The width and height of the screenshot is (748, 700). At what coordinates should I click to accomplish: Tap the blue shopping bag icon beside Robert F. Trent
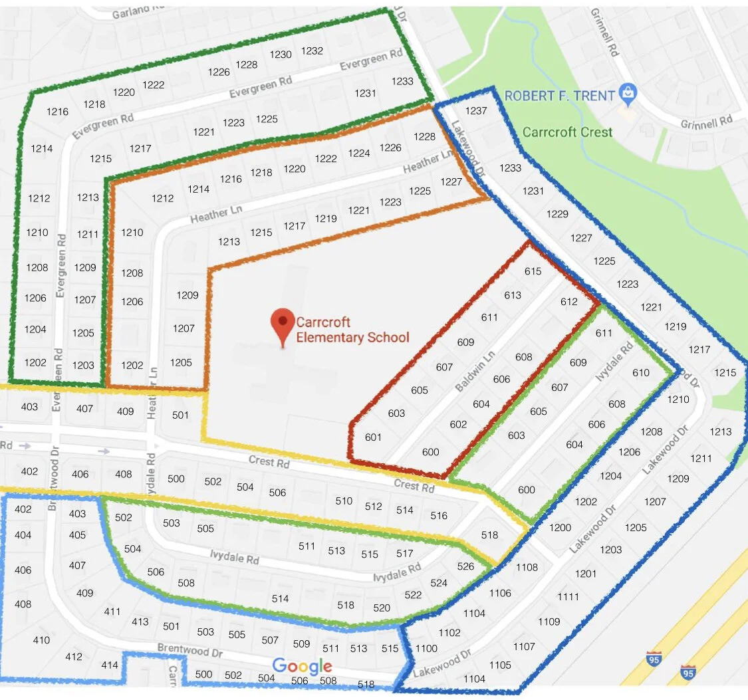[x=627, y=94]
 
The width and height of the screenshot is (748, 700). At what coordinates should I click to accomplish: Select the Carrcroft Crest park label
[x=567, y=131]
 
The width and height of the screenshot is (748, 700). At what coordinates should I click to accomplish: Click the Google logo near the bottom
[x=302, y=665]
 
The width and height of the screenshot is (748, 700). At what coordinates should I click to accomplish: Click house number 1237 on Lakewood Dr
[x=476, y=110]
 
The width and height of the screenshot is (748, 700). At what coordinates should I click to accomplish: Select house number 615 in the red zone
[x=533, y=271]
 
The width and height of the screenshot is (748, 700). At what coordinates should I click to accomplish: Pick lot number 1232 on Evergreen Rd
[x=312, y=51]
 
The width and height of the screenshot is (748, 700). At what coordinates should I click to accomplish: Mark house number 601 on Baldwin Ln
[x=374, y=437]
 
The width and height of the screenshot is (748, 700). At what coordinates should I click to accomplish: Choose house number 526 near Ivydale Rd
[x=466, y=566]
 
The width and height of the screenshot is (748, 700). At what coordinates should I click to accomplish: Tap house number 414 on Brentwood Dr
[x=110, y=665]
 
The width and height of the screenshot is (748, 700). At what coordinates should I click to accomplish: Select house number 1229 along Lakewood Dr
[x=557, y=213]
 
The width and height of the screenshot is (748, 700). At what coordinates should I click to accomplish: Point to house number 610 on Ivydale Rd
[x=641, y=372]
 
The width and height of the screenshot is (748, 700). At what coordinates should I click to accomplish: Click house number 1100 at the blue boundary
[x=426, y=648]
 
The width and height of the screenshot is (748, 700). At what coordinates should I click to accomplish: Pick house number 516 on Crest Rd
[x=439, y=515]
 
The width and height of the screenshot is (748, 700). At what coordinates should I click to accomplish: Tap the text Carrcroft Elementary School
[x=352, y=330]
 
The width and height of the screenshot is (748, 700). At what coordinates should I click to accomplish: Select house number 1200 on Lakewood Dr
[x=560, y=527]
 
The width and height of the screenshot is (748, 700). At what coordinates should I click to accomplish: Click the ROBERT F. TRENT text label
[x=559, y=96]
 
